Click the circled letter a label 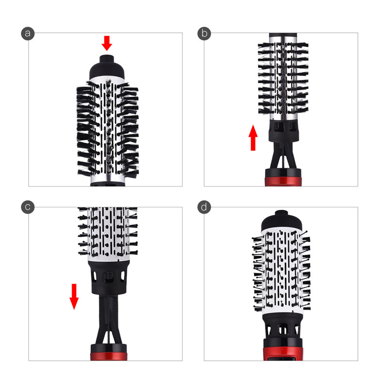[29, 33]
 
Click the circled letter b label [204, 33]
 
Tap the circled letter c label [29, 207]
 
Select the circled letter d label [204, 207]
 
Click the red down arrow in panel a [107, 43]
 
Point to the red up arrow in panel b [253, 137]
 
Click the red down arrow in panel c [74, 296]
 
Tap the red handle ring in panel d [282, 352]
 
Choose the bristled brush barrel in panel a [107, 128]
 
